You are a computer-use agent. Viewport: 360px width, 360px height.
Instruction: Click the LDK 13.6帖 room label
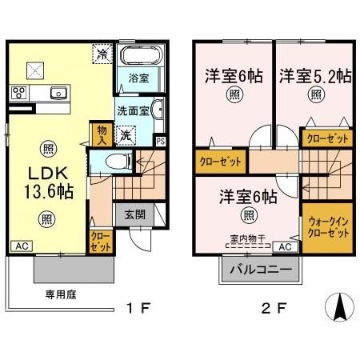click(46, 182)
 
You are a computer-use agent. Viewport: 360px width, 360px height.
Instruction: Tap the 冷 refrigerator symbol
click(104, 55)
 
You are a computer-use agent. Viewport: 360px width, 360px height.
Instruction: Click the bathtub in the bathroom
click(142, 58)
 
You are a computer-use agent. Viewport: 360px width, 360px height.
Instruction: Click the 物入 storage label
click(102, 132)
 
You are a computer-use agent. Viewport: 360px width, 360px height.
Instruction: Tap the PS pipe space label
click(161, 142)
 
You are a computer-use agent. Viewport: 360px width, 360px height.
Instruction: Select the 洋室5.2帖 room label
click(314, 77)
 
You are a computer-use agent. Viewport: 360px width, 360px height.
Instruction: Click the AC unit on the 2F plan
click(286, 248)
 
